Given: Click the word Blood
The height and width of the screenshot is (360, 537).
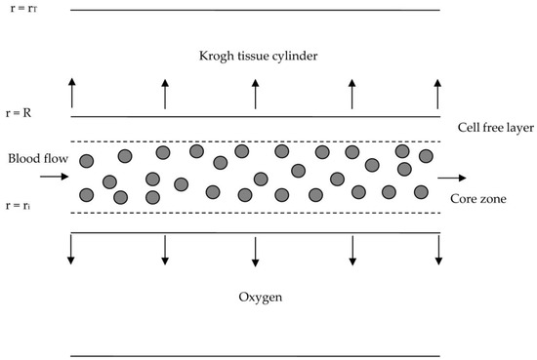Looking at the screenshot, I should tap(21, 158).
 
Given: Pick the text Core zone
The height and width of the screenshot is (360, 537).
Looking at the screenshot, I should tap(477, 199).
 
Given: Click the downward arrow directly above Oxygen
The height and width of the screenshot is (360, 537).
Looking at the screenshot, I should tap(256, 251).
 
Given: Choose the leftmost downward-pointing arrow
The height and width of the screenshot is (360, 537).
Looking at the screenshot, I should tap(71, 251).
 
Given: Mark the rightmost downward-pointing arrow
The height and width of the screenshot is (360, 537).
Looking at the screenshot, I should tap(437, 251).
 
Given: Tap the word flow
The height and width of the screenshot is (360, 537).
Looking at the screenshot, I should tap(53, 158).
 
